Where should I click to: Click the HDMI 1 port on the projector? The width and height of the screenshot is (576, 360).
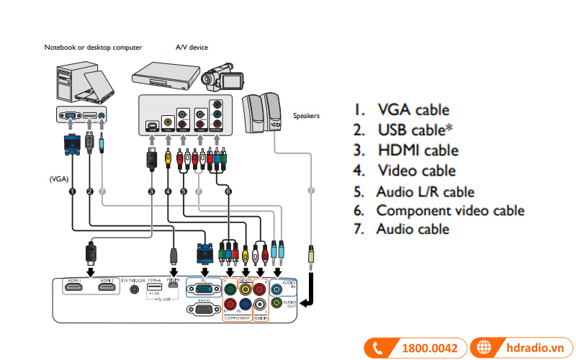click(74, 289)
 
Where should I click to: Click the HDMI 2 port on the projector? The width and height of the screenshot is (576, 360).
click(107, 289)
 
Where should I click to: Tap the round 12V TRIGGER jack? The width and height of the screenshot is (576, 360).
click(133, 289)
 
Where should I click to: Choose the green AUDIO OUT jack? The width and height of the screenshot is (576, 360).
click(277, 304)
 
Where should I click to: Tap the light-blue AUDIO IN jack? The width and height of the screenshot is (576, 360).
click(277, 289)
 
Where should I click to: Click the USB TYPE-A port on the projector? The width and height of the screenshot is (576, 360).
click(154, 287)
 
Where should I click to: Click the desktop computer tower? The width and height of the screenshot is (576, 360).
click(71, 83)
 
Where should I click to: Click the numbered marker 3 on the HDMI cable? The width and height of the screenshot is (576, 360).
click(151, 192)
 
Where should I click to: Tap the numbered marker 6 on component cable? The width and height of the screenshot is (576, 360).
click(228, 192)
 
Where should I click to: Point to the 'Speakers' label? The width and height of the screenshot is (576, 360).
click(306, 115)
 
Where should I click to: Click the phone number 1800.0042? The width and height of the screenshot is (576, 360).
click(430, 348)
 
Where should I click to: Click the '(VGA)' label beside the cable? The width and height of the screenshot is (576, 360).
click(59, 177)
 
